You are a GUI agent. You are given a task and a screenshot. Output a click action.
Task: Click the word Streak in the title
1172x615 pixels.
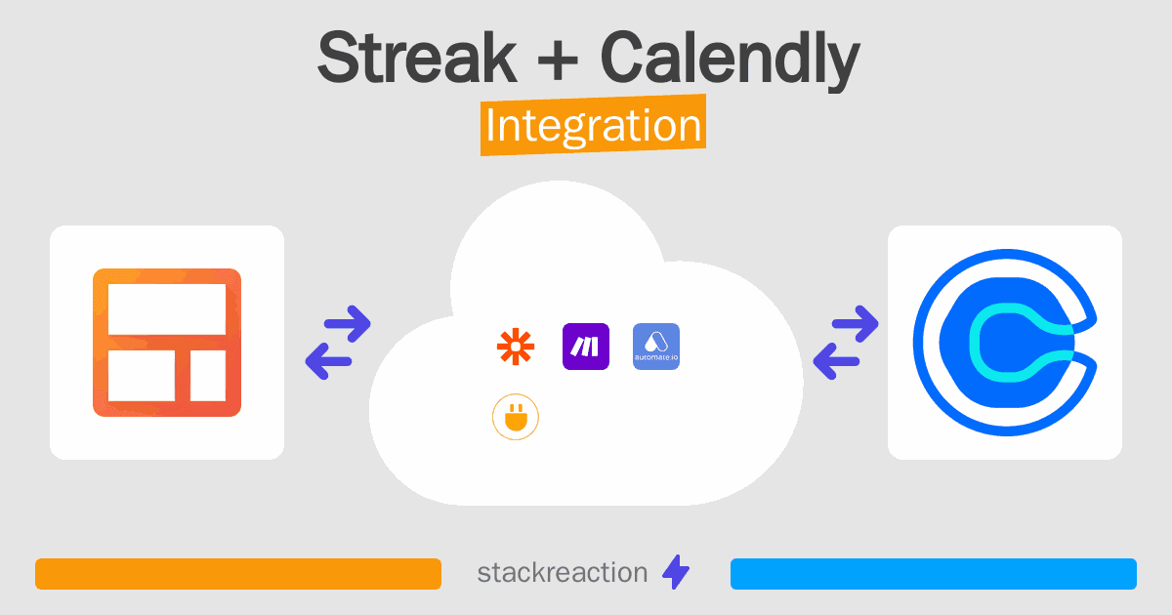click(417, 57)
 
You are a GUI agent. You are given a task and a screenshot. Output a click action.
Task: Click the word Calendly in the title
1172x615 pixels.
click(731, 61)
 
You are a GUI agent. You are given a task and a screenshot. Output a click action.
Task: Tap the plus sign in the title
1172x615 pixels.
click(558, 60)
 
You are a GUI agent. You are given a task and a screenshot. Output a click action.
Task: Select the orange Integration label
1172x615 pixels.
click(594, 125)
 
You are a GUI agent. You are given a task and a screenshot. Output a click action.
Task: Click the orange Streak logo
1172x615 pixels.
click(167, 343)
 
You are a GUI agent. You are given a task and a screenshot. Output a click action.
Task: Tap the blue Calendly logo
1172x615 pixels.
click(1005, 343)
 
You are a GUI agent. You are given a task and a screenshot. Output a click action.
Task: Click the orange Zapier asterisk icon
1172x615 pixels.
click(516, 347)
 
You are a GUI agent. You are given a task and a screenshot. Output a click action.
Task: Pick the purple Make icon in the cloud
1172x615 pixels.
click(585, 347)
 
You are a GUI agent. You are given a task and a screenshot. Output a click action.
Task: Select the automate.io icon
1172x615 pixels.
click(656, 347)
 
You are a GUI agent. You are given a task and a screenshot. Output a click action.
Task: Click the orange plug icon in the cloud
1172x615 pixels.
click(516, 417)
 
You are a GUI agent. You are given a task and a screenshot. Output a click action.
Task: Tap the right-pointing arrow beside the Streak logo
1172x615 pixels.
click(348, 323)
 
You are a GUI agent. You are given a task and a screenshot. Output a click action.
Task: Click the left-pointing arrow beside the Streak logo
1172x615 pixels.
click(328, 361)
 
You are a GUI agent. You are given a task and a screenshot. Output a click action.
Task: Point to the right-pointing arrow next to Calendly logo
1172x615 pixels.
click(855, 323)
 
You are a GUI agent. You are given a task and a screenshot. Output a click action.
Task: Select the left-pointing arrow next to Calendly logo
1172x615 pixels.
click(836, 361)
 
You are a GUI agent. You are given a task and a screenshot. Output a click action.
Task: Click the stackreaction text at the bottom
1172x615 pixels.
click(563, 573)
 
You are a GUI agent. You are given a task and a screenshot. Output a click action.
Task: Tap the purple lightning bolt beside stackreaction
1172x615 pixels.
click(676, 572)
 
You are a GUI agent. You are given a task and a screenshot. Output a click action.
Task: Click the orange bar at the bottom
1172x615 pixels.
click(238, 574)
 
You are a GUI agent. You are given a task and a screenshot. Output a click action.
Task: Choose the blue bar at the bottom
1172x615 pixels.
click(934, 574)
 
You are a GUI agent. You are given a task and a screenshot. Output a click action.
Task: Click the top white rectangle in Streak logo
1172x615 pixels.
click(167, 309)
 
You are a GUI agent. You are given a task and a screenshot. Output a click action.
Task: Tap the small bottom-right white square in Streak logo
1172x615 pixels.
click(208, 376)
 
